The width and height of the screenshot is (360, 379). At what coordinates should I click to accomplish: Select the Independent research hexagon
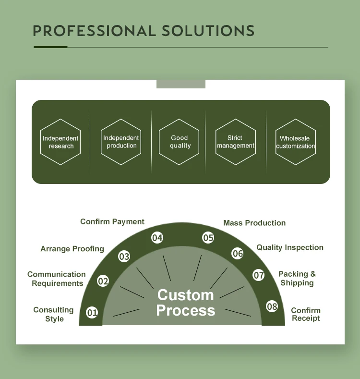(x=60, y=142)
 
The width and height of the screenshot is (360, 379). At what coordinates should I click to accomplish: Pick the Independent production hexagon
(x=121, y=142)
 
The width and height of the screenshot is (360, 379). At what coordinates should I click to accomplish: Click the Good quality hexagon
(x=180, y=142)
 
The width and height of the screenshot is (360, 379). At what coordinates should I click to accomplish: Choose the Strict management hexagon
(x=235, y=142)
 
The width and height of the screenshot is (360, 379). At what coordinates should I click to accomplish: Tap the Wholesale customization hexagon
(x=296, y=142)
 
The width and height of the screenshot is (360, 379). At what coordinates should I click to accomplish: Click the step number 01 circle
(x=92, y=313)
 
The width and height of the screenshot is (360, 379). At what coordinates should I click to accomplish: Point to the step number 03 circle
(x=124, y=257)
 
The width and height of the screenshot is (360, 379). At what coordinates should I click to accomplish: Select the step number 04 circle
(x=157, y=238)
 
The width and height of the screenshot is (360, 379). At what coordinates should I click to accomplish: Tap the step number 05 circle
(x=208, y=238)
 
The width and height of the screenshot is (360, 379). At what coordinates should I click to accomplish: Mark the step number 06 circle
(x=238, y=253)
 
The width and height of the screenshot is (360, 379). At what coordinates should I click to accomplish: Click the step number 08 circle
(x=272, y=306)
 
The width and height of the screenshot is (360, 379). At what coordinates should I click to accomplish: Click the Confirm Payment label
(x=112, y=221)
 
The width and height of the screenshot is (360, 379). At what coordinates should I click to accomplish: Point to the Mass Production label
(x=254, y=223)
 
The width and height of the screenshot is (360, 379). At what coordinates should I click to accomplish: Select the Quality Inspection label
(x=290, y=247)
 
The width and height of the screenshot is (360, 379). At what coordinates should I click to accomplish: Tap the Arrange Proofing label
(x=72, y=249)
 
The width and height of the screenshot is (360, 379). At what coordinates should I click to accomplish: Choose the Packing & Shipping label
(x=297, y=279)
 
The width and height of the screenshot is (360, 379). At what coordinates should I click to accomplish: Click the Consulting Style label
(x=54, y=315)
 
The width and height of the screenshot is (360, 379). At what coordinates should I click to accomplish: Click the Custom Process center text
(x=186, y=303)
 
